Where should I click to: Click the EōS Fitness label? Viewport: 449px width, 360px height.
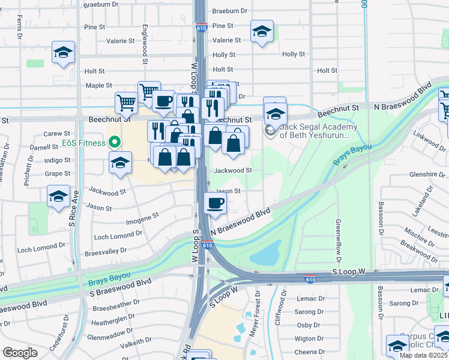(83, 143)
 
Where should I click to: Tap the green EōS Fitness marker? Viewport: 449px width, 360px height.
(112, 143)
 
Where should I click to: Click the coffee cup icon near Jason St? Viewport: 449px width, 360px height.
(215, 203)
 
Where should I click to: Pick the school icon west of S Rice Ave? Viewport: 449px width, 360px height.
(58, 196)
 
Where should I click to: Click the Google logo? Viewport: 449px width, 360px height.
(20, 353)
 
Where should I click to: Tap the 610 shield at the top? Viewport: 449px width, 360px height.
(202, 28)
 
